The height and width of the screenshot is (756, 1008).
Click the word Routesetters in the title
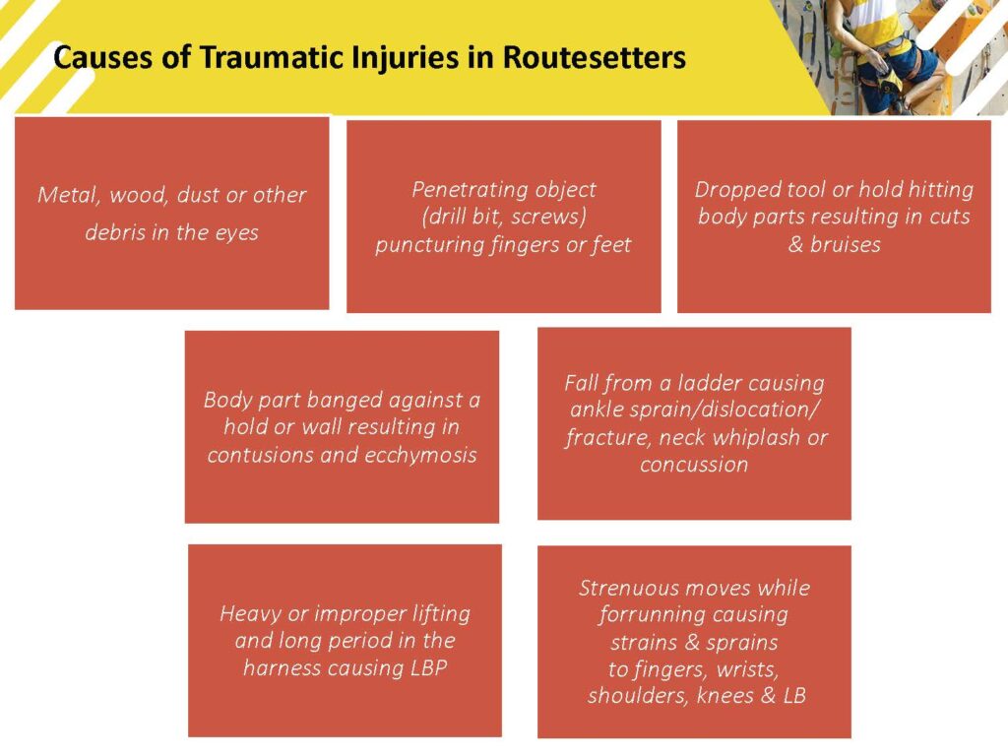click(594, 57)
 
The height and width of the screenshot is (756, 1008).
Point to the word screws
click(552, 217)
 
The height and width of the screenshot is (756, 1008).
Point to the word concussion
click(694, 465)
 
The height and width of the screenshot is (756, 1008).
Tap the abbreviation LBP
click(428, 668)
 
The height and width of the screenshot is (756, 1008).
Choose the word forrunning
click(648, 614)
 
